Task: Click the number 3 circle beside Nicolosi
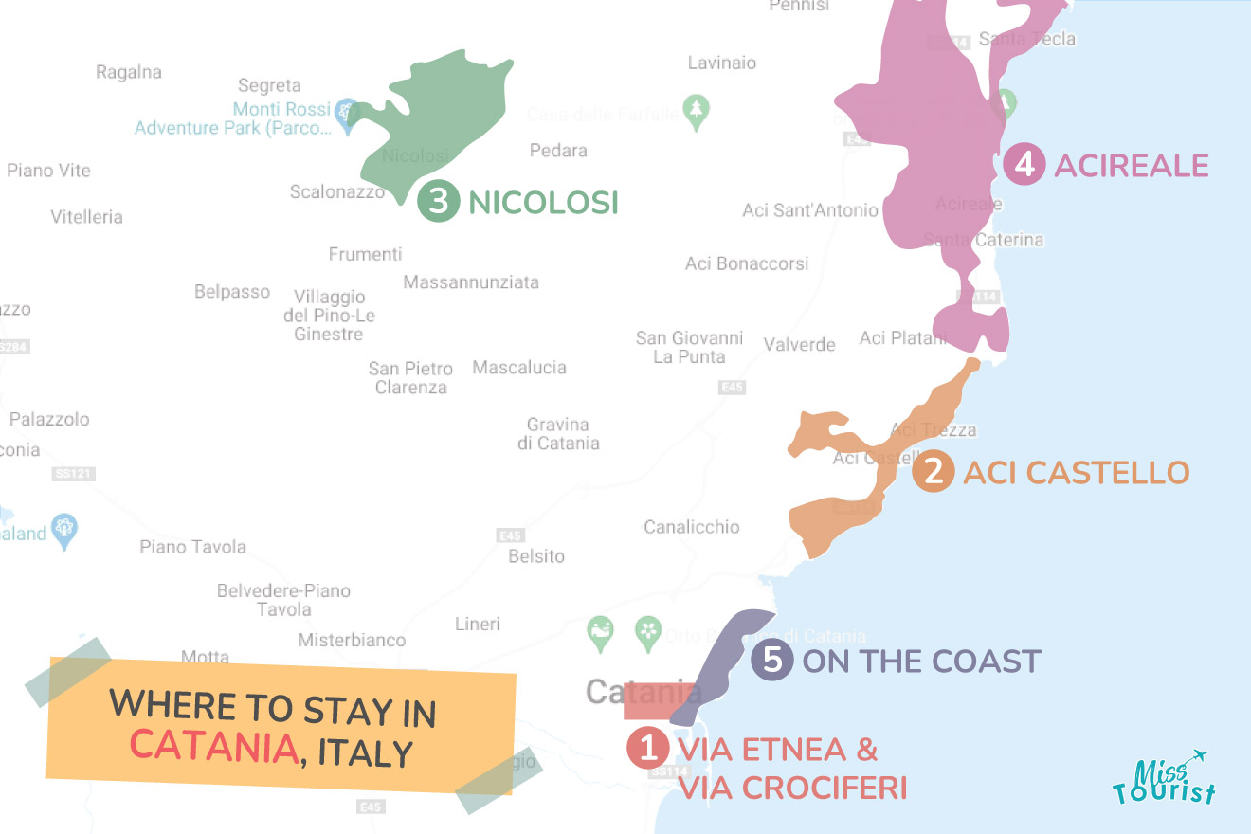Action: pyautogui.click(x=438, y=202)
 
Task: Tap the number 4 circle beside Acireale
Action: pyautogui.click(x=1024, y=165)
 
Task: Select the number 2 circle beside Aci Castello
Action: pyautogui.click(x=934, y=472)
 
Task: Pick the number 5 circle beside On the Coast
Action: pyautogui.click(x=773, y=660)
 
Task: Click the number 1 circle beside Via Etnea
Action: pyautogui.click(x=648, y=749)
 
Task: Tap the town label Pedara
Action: pyautogui.click(x=558, y=150)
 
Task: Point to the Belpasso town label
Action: pyautogui.click(x=232, y=291)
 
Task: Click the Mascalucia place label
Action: pyautogui.click(x=519, y=367)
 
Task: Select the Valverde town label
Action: pyautogui.click(x=799, y=344)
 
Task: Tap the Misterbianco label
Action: pyautogui.click(x=352, y=640)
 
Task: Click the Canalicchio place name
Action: pyautogui.click(x=692, y=527)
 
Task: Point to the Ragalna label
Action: pyautogui.click(x=129, y=72)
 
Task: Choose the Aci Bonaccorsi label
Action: pyautogui.click(x=747, y=263)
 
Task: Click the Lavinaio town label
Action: pyautogui.click(x=722, y=63)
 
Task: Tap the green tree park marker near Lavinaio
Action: pyautogui.click(x=697, y=110)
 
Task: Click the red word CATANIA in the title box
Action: pyautogui.click(x=214, y=745)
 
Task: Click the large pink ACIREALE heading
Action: pyautogui.click(x=1132, y=166)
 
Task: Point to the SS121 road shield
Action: pyautogui.click(x=75, y=473)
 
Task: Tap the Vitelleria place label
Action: pyautogui.click(x=87, y=216)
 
